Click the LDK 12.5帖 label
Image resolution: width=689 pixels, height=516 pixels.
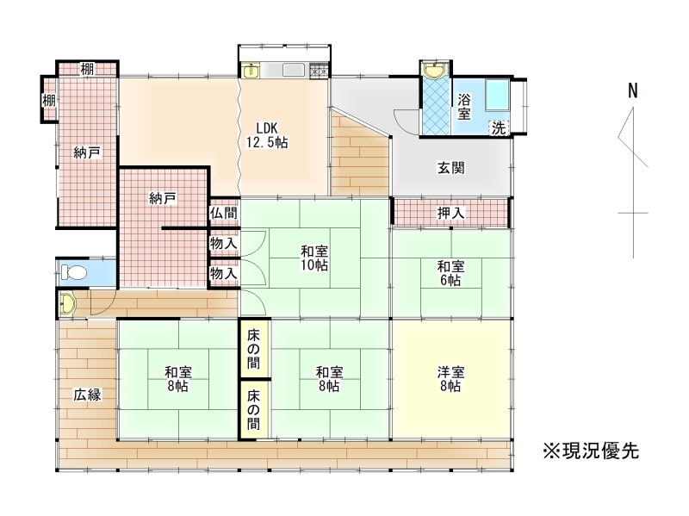click(x=267, y=135)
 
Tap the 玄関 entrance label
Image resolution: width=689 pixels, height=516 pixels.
click(x=450, y=167)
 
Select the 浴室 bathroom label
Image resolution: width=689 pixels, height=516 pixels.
click(x=464, y=106)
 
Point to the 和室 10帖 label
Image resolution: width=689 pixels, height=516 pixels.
click(x=314, y=258)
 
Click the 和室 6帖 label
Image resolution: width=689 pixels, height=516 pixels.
click(x=450, y=273)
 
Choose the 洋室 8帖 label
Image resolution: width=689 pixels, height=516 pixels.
click(x=450, y=379)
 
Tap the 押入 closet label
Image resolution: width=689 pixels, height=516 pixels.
click(x=450, y=213)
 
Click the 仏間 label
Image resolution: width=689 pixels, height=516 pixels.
click(x=224, y=213)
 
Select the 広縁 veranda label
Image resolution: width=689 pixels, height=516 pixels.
click(x=87, y=395)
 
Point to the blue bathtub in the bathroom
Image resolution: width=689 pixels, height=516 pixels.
click(x=498, y=96)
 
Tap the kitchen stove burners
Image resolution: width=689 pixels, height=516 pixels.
click(x=318, y=71)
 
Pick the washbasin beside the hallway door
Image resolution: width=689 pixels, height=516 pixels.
click(x=67, y=303)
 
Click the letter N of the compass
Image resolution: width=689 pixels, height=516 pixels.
click(x=633, y=90)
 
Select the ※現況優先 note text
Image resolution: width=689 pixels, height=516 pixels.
click(x=591, y=451)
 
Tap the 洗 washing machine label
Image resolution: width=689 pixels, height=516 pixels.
click(x=499, y=127)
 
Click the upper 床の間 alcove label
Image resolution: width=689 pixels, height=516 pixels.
click(x=253, y=350)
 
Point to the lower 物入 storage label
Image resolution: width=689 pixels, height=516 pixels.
click(x=224, y=273)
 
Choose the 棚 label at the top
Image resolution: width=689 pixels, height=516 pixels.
click(x=87, y=69)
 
